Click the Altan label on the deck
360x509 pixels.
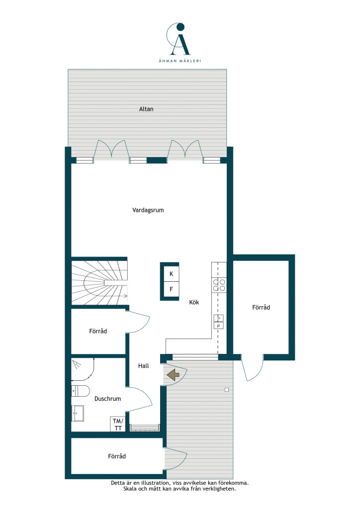point(146,109)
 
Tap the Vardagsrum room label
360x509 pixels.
point(148,210)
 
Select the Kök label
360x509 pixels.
point(194,302)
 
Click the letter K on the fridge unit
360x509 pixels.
point(172,274)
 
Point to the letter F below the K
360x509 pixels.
point(172,289)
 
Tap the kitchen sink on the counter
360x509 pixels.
point(218,322)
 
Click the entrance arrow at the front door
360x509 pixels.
point(173,375)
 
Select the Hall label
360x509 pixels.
point(144,366)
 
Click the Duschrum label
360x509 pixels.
point(107,399)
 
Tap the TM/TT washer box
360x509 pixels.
point(118,424)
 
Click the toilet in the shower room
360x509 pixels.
point(80,391)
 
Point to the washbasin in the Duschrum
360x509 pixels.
point(77,413)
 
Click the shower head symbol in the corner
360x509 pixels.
point(77,364)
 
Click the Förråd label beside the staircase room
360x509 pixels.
point(98,331)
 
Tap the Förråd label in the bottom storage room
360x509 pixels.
point(117,456)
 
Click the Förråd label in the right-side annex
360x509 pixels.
point(261,307)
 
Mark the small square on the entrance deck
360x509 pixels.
point(227,390)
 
